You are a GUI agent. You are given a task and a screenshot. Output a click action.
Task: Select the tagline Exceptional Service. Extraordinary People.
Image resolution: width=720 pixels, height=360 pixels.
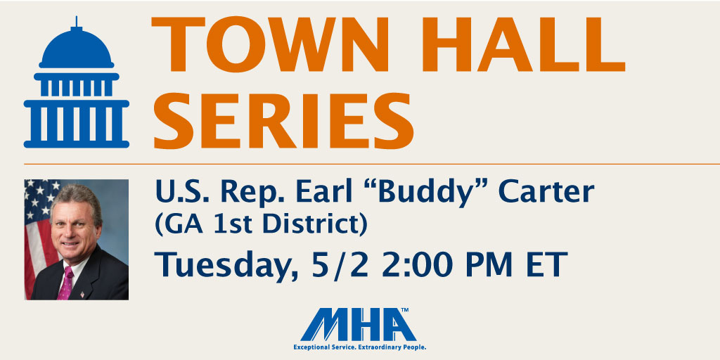(360, 347)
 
